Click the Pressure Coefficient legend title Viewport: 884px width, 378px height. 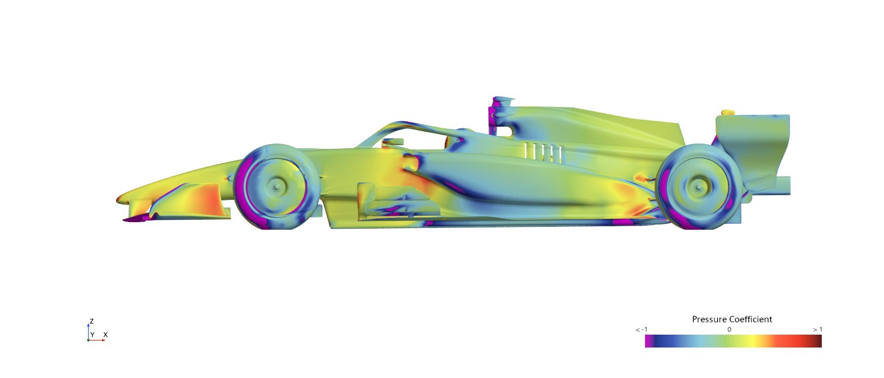[732, 319]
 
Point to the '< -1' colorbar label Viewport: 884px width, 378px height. [642, 329]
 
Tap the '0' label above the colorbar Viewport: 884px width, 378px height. [729, 329]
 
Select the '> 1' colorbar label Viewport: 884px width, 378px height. [817, 329]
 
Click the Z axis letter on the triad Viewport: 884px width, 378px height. [92, 321]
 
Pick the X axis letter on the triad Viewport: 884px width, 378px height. [106, 335]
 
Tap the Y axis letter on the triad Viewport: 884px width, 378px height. [92, 335]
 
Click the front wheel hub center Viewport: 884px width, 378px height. [276, 187]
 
